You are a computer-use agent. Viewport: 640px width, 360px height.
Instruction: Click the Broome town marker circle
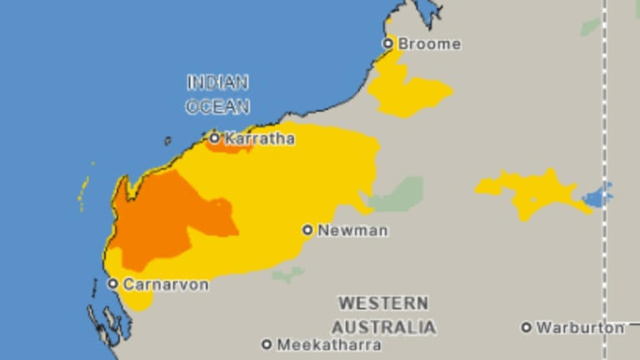387,43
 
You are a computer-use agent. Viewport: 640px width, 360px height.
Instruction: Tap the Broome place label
429,44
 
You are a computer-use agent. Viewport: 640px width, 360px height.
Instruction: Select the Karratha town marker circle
214,138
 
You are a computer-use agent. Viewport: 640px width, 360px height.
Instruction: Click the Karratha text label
259,139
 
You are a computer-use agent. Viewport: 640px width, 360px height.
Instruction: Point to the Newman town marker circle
307,230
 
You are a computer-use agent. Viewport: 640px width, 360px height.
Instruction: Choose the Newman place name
352,231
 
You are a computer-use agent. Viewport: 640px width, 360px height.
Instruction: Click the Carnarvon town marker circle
112,283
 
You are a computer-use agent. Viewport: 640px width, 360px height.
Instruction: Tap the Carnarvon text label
166,284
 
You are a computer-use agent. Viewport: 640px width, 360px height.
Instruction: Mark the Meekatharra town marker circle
267,343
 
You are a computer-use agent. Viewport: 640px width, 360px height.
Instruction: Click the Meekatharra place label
329,344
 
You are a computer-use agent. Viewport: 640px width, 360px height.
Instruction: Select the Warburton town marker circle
526,327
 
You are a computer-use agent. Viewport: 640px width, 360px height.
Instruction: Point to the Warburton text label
580,327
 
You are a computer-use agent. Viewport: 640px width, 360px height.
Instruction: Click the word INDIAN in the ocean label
217,82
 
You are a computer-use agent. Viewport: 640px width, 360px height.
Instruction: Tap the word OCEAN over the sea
217,107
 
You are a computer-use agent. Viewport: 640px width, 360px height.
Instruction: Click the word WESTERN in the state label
383,302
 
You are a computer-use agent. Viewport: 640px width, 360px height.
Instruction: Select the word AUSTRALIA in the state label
383,326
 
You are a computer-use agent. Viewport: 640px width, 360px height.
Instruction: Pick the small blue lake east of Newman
597,197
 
